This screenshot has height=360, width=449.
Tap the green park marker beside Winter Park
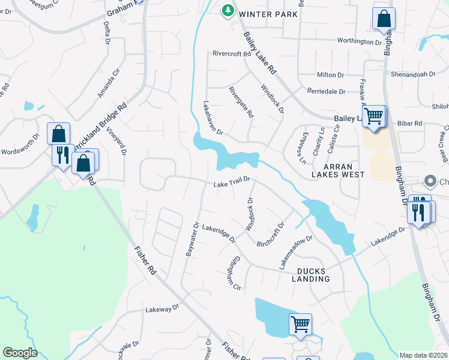228,10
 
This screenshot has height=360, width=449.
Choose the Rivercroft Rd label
231,53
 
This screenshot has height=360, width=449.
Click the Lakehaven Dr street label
212,118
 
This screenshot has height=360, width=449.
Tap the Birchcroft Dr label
271,235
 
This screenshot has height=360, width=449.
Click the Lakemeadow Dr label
295,251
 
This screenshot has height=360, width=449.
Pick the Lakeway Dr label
162,308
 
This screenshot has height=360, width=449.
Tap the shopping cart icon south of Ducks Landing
300,325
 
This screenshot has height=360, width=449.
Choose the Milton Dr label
331,75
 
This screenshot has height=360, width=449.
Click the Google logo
20,353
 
